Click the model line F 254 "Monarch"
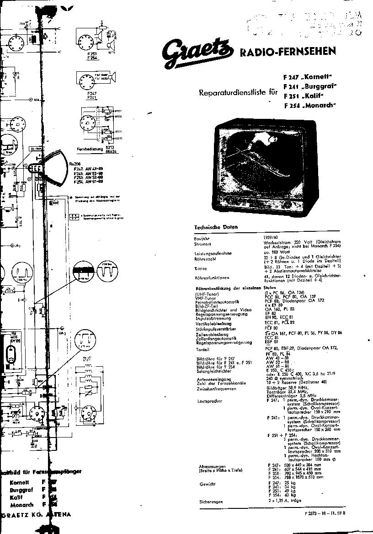(309, 106)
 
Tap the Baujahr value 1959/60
(271, 237)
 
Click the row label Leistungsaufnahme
(213, 253)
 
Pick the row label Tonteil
(202, 350)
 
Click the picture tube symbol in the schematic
(53, 168)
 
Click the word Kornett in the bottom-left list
(20, 482)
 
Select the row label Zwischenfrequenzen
(217, 389)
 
